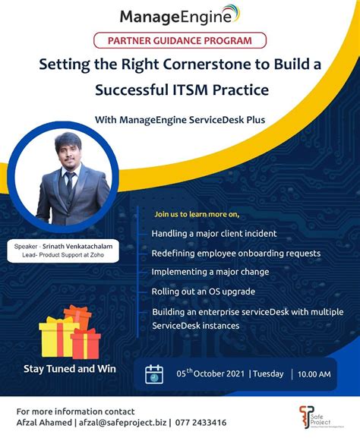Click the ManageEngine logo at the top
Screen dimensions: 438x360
coord(180,15)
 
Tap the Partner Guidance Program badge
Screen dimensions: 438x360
coord(180,41)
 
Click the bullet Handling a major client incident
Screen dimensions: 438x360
coord(213,233)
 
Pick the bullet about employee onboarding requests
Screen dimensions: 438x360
coord(236,253)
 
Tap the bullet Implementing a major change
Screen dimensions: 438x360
coord(210,272)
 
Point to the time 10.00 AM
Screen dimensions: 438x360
coord(314,374)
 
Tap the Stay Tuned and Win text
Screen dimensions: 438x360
coord(69,369)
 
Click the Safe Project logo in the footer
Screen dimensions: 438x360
coord(313,416)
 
